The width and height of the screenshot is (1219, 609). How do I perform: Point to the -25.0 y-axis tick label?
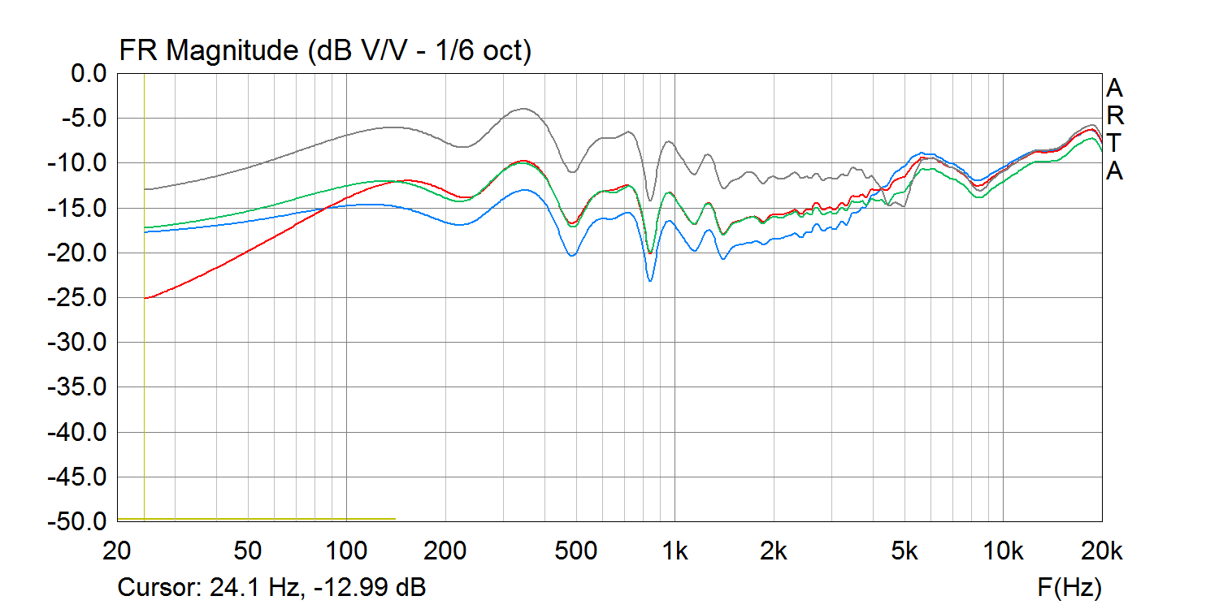coord(82,298)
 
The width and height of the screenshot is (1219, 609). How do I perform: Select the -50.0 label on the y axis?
coord(82,521)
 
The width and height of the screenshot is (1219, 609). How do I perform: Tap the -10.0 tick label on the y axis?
coord(82,163)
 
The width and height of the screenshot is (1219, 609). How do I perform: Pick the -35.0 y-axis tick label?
coord(82,387)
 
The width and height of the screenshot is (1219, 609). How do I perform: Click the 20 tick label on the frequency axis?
coord(118,551)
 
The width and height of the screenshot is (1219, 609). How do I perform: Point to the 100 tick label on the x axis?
coord(347,551)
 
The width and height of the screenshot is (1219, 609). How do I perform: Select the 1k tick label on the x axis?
coord(675,551)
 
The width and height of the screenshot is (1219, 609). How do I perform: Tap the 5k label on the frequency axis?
coord(904,551)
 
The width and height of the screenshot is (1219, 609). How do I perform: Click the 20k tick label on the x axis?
coord(1102,551)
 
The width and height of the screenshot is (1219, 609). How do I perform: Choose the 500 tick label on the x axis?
coord(576,551)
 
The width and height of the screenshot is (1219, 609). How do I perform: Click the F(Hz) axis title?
coord(1069,586)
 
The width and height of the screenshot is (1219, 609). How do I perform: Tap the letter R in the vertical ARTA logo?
coord(1114,115)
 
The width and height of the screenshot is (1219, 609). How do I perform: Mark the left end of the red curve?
coord(145,298)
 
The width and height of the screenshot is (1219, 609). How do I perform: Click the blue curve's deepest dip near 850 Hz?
coord(650,280)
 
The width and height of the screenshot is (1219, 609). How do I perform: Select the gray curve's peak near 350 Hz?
coord(524,109)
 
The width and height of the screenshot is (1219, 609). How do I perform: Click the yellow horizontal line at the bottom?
coord(256,518)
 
